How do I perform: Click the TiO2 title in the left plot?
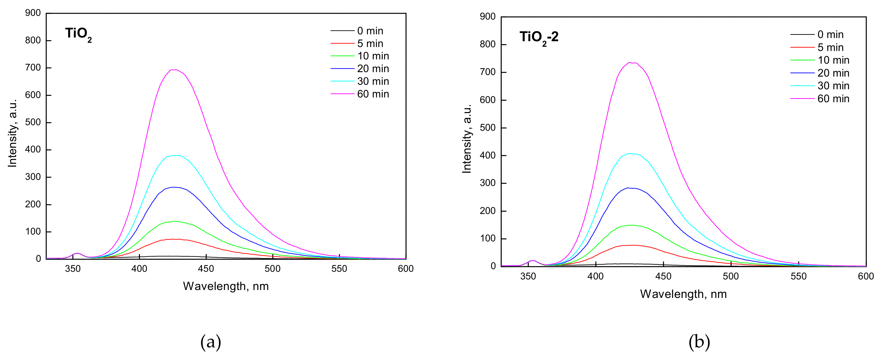coord(78,34)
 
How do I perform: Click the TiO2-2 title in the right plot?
coord(539,38)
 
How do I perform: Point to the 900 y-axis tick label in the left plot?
coord(33,13)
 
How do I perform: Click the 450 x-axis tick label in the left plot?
coord(206,269)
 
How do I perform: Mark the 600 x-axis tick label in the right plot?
coord(866,276)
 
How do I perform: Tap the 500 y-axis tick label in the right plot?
coord(488,128)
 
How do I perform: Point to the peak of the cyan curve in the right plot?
coord(630,154)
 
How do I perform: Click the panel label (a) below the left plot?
coord(210,342)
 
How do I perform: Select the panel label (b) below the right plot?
coord(699,342)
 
